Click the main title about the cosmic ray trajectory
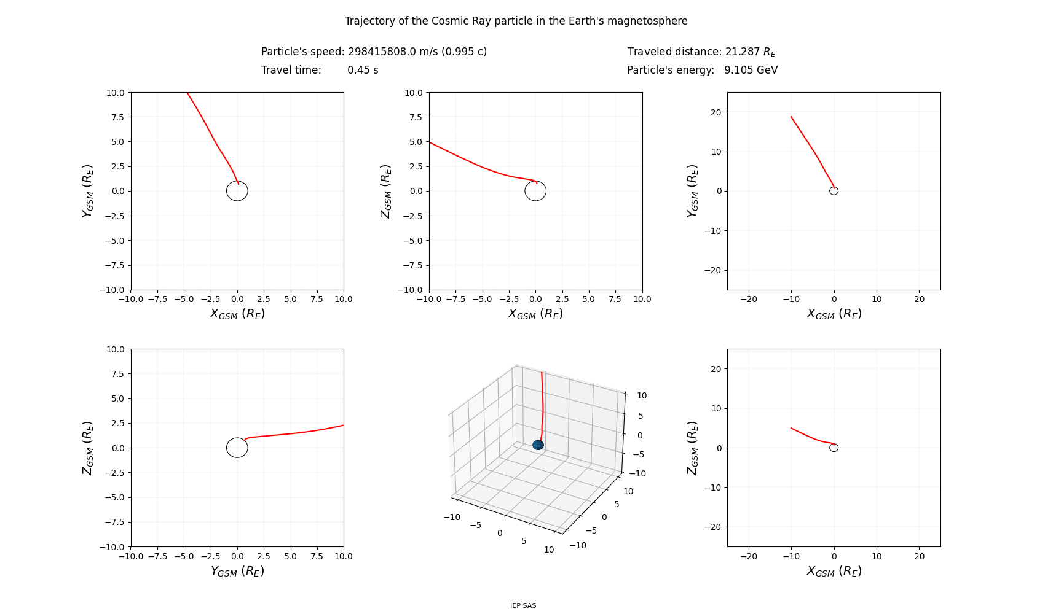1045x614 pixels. (516, 21)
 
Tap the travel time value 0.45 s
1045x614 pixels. (363, 70)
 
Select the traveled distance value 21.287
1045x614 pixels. (743, 52)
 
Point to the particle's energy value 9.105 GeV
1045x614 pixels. (751, 70)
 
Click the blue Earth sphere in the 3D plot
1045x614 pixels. (538, 445)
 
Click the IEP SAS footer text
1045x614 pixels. (522, 605)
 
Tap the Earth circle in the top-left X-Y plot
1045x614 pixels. (237, 191)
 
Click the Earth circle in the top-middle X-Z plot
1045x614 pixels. (535, 191)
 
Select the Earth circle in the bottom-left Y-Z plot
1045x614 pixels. (237, 448)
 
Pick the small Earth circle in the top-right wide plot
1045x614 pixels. (834, 191)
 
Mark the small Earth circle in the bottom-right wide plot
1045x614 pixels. (834, 448)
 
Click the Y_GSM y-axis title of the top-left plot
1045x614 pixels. (88, 190)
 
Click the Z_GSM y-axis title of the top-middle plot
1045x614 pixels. (386, 190)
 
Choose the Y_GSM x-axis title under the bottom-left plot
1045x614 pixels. (237, 571)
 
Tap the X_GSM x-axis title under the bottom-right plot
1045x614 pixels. (834, 571)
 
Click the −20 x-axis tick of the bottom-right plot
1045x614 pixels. (749, 556)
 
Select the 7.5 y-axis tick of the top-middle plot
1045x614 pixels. (414, 117)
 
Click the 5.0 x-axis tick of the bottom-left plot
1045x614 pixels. (290, 556)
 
